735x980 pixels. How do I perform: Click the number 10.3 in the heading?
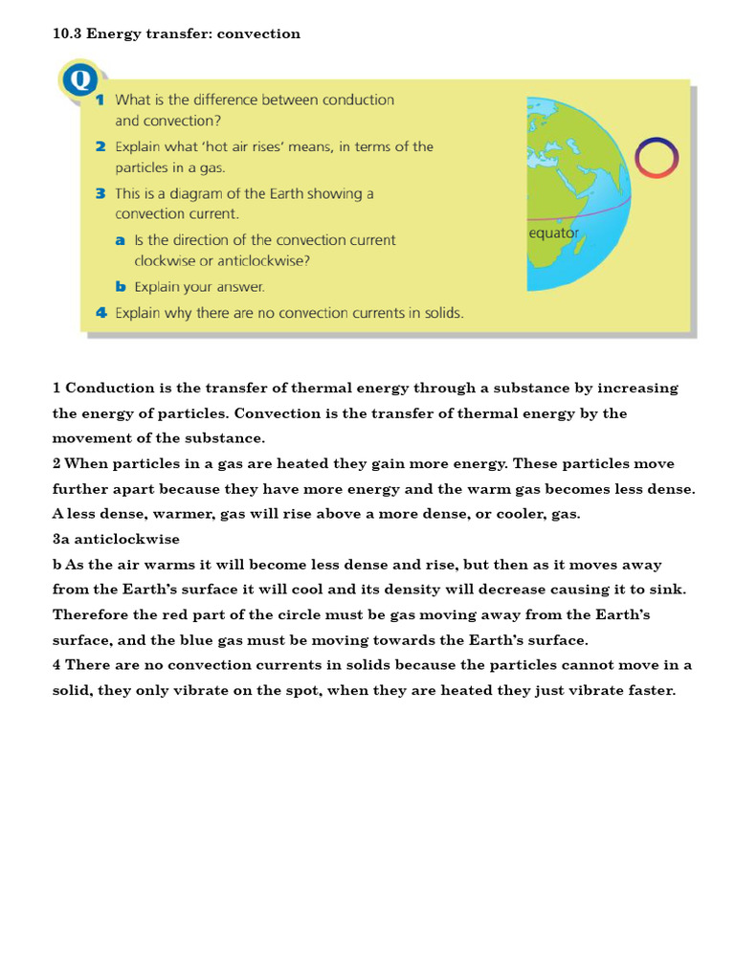(x=66, y=33)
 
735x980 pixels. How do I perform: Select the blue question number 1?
(x=100, y=100)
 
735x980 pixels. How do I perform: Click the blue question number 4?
(x=100, y=313)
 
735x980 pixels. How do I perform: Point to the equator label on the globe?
(x=554, y=233)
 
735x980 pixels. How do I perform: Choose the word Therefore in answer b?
(x=93, y=614)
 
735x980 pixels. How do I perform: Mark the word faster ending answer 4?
(x=651, y=690)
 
